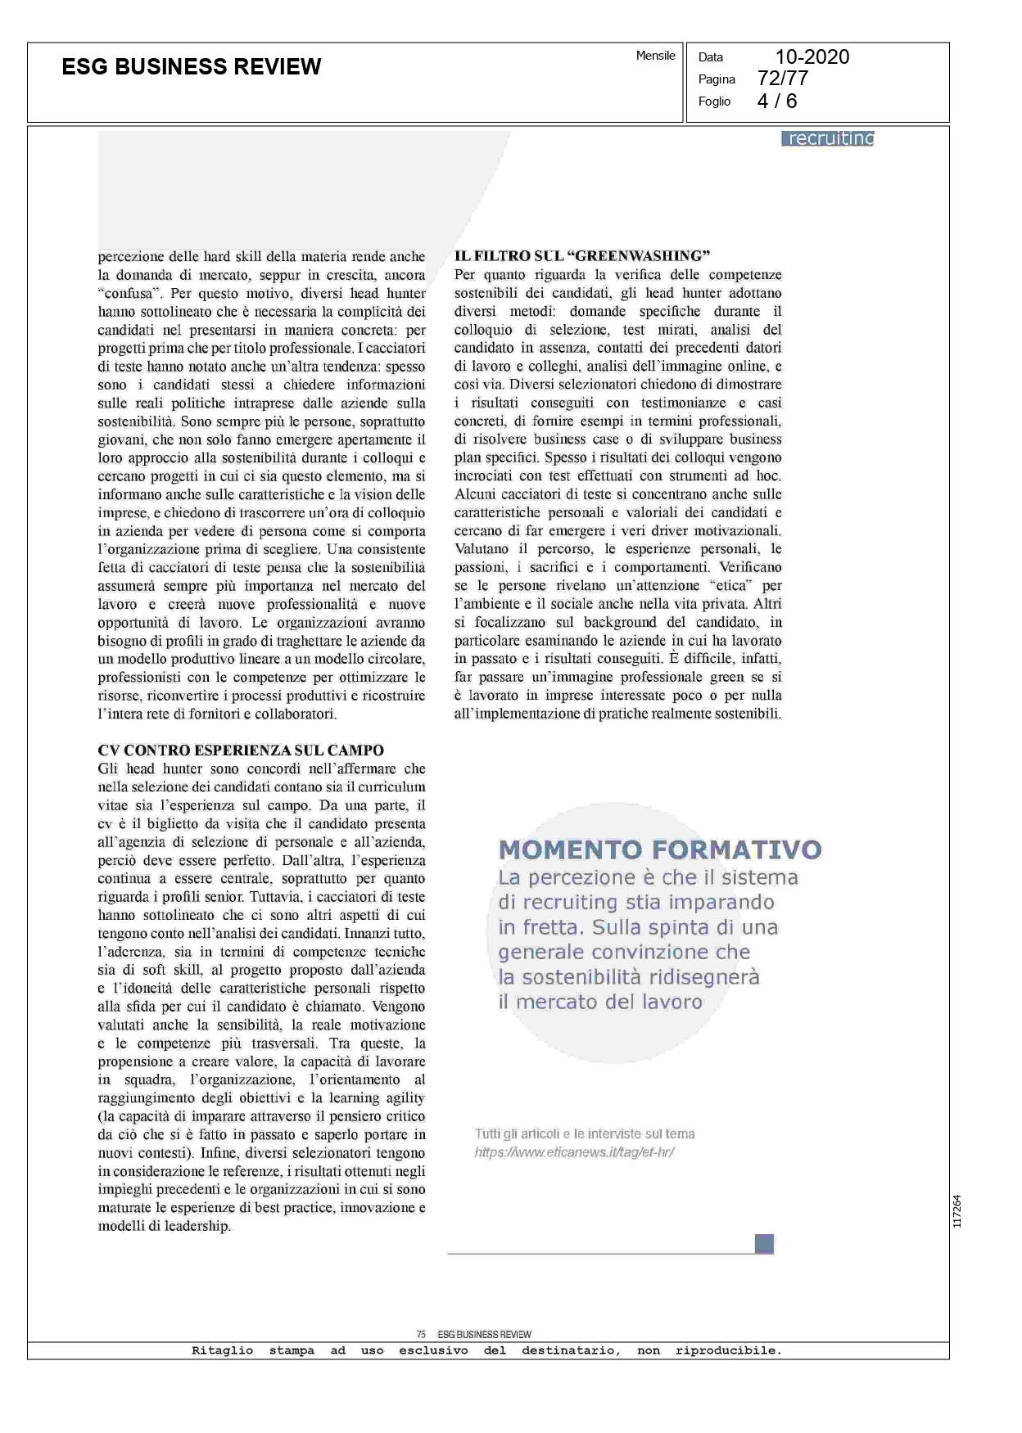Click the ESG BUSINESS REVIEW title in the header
click(192, 67)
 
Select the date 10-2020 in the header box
click(812, 56)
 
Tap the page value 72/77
click(783, 79)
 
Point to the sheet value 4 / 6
click(776, 101)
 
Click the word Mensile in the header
click(655, 56)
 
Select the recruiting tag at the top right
click(829, 138)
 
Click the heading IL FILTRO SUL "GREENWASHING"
click(581, 256)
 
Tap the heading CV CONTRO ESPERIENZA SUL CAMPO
click(241, 750)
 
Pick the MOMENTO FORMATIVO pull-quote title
click(660, 849)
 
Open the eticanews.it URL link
click(574, 1152)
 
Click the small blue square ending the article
click(764, 1244)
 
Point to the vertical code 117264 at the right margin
click(957, 1210)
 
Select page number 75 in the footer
click(421, 1334)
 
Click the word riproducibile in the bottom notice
click(727, 1350)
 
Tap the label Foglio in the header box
click(714, 101)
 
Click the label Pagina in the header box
click(717, 79)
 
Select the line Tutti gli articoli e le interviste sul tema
click(585, 1133)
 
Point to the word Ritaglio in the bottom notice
click(222, 1350)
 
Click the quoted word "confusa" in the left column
click(125, 293)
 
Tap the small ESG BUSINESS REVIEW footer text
click(484, 1334)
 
